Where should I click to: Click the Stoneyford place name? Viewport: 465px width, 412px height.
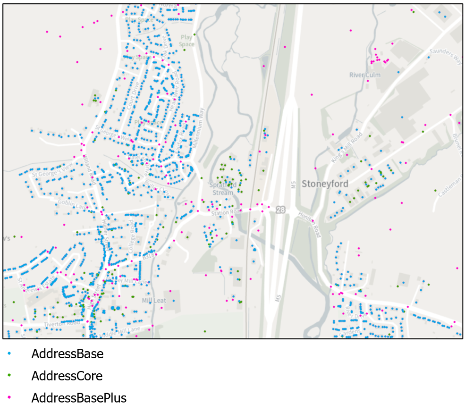[325, 184]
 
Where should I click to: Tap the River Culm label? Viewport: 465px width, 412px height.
[365, 75]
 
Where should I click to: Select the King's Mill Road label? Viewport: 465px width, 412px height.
[347, 148]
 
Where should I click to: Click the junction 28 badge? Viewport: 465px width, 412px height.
[281, 210]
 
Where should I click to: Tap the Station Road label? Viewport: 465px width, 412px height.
[223, 213]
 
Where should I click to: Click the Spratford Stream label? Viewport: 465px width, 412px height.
[222, 189]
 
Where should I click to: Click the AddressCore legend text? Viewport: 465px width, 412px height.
[67, 376]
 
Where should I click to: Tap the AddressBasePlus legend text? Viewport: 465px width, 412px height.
[79, 398]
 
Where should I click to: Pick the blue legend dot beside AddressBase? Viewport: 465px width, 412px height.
[9, 353]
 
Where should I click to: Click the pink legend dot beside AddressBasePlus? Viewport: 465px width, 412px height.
[9, 398]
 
